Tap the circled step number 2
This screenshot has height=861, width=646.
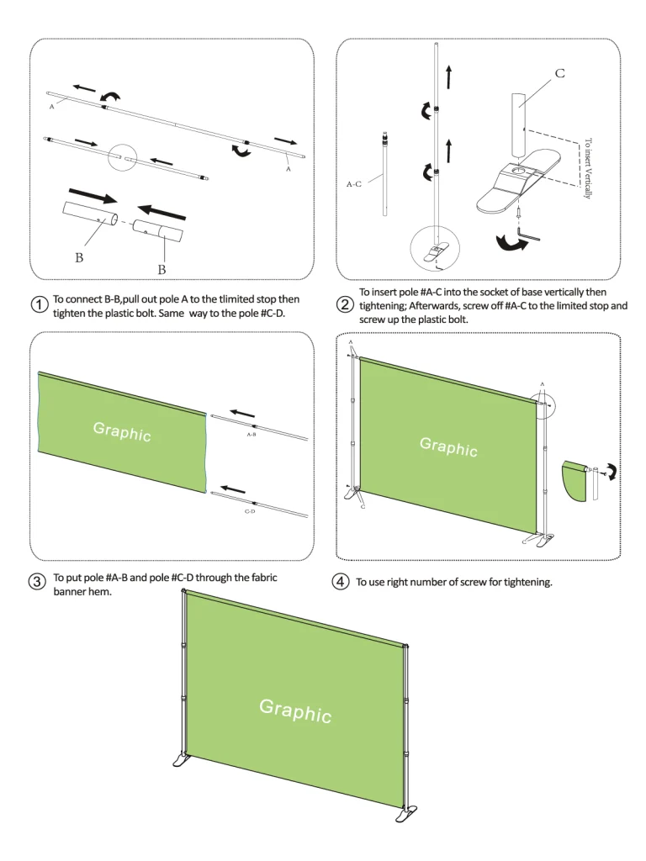344,304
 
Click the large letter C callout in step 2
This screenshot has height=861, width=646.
559,75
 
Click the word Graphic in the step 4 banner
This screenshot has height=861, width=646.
448,446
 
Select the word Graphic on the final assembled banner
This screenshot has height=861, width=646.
295,710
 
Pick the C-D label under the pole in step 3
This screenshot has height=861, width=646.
249,510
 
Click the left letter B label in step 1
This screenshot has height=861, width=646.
79,258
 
